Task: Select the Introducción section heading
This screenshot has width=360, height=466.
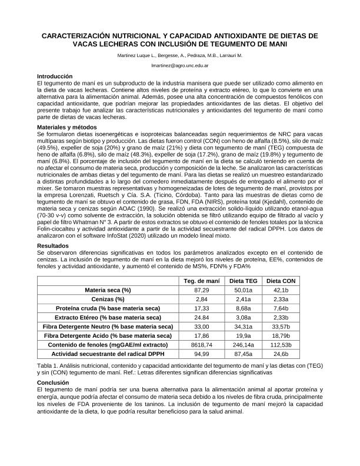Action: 55,76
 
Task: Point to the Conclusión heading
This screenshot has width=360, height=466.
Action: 53,382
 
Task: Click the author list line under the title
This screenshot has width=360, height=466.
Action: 180,55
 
